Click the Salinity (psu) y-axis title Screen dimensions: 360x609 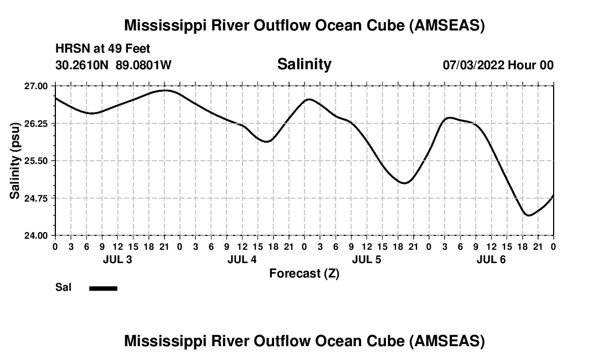click(15, 161)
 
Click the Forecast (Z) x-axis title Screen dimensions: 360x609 click(304, 273)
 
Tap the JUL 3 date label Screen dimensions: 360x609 click(117, 259)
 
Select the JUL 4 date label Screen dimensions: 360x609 click(242, 259)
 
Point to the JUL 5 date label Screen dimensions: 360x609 click(367, 259)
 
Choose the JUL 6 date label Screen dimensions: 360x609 click(491, 259)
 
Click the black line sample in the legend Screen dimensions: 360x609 click(103, 288)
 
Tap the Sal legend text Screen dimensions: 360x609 click(63, 288)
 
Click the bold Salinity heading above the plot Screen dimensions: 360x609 click(304, 64)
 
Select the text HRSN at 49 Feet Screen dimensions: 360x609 click(103, 49)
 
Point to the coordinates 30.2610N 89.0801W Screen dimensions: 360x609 click(113, 65)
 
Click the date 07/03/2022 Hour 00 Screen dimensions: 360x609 click(498, 65)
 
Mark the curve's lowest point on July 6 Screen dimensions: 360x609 click(529, 215)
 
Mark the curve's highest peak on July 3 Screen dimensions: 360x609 click(165, 90)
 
